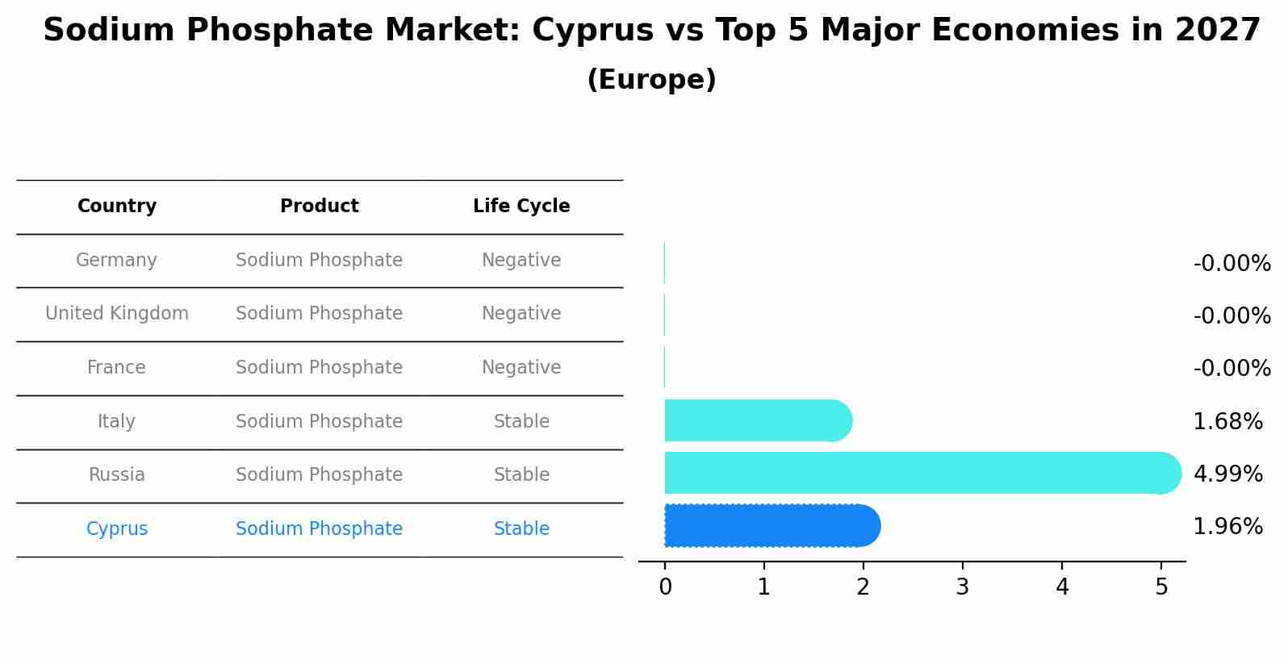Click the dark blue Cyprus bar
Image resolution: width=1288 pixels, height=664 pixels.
(x=771, y=526)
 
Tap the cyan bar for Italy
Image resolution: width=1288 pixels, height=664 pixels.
(x=757, y=420)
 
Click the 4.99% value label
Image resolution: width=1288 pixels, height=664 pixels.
(x=1227, y=474)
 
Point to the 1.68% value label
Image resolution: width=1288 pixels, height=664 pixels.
(x=1227, y=421)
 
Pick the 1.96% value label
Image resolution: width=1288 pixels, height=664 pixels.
(x=1227, y=527)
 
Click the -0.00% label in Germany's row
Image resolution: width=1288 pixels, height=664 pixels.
(x=1232, y=264)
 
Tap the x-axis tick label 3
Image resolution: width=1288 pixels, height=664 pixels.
(x=962, y=587)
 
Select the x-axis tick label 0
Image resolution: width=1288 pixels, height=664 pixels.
(x=665, y=587)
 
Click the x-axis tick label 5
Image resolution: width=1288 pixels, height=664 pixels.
(x=1161, y=587)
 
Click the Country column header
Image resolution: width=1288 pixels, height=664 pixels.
(x=117, y=207)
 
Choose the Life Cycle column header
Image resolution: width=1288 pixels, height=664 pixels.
(x=521, y=207)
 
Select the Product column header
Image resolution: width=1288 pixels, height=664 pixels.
(x=320, y=207)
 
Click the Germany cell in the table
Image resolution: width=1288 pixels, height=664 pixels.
(x=116, y=261)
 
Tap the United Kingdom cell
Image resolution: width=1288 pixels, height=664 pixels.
(x=117, y=314)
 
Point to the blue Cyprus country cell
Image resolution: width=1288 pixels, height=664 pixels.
(x=117, y=529)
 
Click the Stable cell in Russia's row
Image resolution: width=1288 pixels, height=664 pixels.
(x=521, y=475)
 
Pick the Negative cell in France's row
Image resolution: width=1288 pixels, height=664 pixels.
(x=521, y=368)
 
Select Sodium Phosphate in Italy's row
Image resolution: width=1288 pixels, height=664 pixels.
(x=319, y=422)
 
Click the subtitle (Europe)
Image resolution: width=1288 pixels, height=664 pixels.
(x=651, y=80)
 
